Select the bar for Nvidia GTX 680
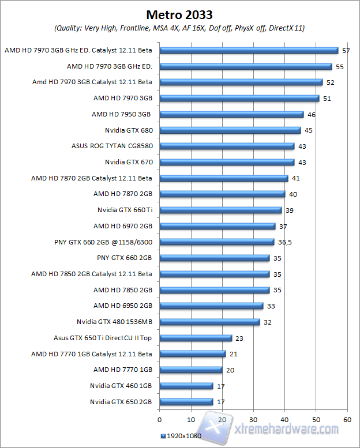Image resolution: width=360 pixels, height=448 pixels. pyautogui.click(x=230, y=130)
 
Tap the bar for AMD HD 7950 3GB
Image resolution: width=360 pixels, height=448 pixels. pyautogui.click(x=231, y=115)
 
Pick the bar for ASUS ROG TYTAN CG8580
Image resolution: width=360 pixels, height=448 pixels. pyautogui.click(x=227, y=146)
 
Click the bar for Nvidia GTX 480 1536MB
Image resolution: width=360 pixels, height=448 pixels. pyautogui.click(x=209, y=322)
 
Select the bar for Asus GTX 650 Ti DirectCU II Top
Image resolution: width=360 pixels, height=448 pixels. pyautogui.click(x=196, y=338)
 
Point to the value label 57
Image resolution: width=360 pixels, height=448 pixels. pyautogui.click(x=346, y=51)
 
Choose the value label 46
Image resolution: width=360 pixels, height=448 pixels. pyautogui.click(x=312, y=115)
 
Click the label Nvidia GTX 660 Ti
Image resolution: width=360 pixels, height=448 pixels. pyautogui.click(x=125, y=210)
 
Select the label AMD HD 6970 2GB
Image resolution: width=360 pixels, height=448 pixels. pyautogui.click(x=122, y=226)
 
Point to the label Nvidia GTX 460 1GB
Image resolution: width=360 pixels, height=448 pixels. pyautogui.click(x=121, y=386)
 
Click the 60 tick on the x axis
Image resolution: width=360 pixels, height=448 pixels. pyautogui.click(x=347, y=419)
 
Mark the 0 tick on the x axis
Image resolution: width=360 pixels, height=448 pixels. pyautogui.click(x=159, y=419)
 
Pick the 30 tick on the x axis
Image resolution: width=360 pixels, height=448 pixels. pyautogui.click(x=253, y=419)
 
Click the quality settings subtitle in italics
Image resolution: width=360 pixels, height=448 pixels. pyautogui.click(x=179, y=28)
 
